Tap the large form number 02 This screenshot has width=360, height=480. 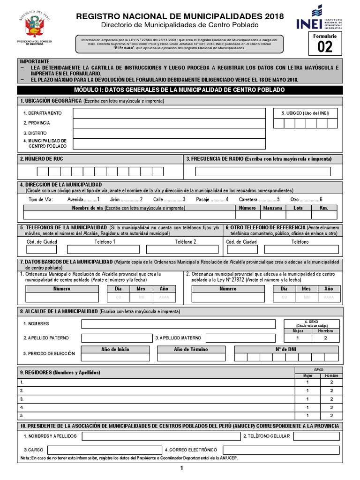(325, 46)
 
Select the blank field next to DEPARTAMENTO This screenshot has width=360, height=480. (169, 113)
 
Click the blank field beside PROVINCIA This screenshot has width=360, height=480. (169, 123)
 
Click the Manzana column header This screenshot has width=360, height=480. (272, 208)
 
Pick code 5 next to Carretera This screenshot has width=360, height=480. (278, 199)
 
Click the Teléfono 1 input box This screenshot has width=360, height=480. (103, 249)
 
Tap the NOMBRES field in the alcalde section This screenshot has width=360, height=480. (178, 324)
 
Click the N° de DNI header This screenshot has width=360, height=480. (286, 349)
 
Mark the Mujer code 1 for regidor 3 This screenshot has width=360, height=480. (307, 399)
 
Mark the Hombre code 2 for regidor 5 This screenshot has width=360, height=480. (331, 415)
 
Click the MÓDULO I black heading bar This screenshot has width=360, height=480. (180, 90)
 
